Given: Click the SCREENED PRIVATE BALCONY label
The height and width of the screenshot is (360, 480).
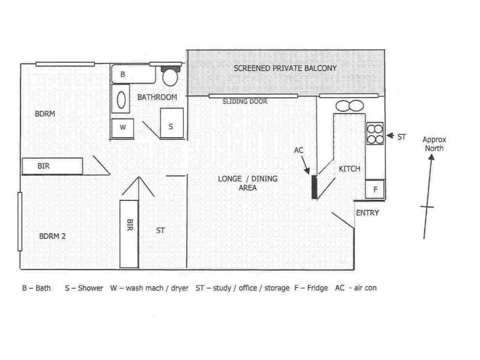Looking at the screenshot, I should pos(285,68).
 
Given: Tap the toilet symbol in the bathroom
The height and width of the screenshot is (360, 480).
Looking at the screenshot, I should pos(171,76).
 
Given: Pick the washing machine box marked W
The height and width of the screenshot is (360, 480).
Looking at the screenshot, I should pos(123,128).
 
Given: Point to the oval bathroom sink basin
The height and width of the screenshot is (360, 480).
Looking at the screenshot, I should pos(121,99).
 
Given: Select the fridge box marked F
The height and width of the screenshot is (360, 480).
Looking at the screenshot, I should pos(375,189).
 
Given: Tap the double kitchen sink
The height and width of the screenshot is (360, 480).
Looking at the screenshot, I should pos(349,106).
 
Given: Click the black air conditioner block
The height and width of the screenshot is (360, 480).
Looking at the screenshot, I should pos(314,187).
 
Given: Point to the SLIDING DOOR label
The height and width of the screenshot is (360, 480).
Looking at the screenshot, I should pos(245,102).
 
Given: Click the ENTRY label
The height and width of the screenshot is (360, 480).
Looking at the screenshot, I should pos(367,213).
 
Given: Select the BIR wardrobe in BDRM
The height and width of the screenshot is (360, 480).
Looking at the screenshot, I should pos(52,166).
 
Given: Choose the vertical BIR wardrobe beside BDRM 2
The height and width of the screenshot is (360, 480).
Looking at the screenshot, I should pos(129,233).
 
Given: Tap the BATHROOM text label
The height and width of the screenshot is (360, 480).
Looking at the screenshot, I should pos(157,97).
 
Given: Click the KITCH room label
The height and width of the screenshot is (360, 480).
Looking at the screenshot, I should pos(349,169).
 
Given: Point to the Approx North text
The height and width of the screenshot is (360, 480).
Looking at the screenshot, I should pos(434,143).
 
